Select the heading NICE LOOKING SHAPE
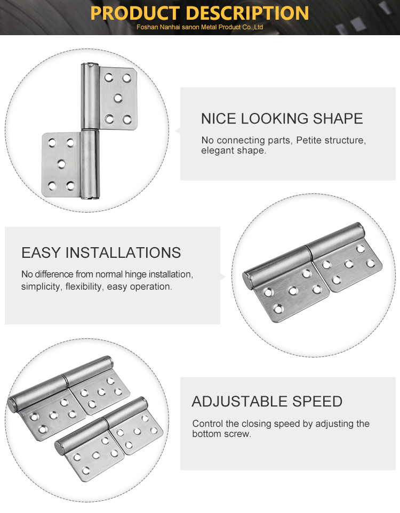coord(282,118)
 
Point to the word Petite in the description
coord(309,140)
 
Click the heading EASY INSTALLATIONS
coord(101,253)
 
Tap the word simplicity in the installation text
coord(42,287)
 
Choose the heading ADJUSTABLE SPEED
coord(267,402)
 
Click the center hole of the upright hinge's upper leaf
coord(118,98)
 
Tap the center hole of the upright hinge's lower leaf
coord(61,164)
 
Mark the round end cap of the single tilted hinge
coord(247,280)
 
